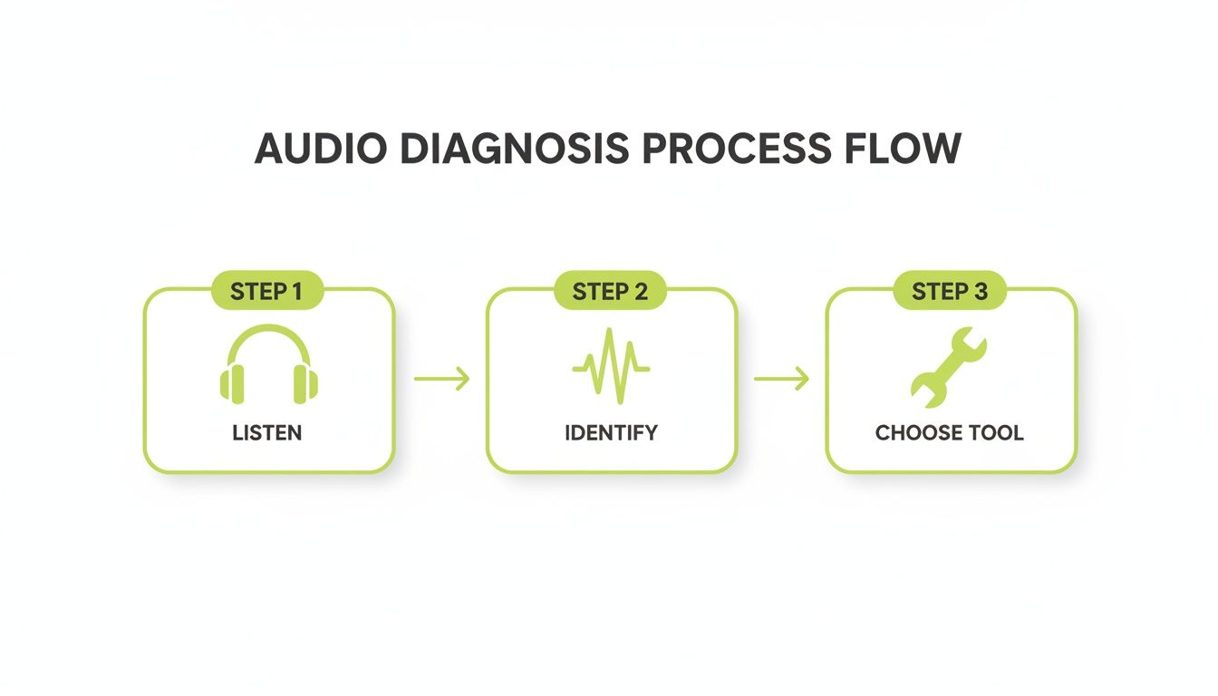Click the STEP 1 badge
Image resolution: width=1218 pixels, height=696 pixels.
click(266, 291)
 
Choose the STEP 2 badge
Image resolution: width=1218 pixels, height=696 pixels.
click(610, 291)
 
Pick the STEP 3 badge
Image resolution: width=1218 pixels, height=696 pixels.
click(950, 291)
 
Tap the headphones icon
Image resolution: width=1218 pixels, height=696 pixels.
click(269, 364)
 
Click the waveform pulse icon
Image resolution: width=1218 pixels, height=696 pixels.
click(611, 366)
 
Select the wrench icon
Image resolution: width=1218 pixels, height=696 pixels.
click(947, 366)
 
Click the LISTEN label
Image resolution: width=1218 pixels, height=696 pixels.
click(267, 433)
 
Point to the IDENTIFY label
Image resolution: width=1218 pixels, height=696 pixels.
click(611, 433)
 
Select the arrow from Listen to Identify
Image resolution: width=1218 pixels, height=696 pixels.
click(441, 379)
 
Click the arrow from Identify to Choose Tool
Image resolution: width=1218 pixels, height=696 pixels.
click(781, 379)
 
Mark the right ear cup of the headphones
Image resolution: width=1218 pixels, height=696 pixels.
click(305, 382)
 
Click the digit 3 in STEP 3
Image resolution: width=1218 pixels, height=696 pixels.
click(981, 291)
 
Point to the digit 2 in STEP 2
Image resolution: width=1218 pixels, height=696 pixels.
click(642, 291)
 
